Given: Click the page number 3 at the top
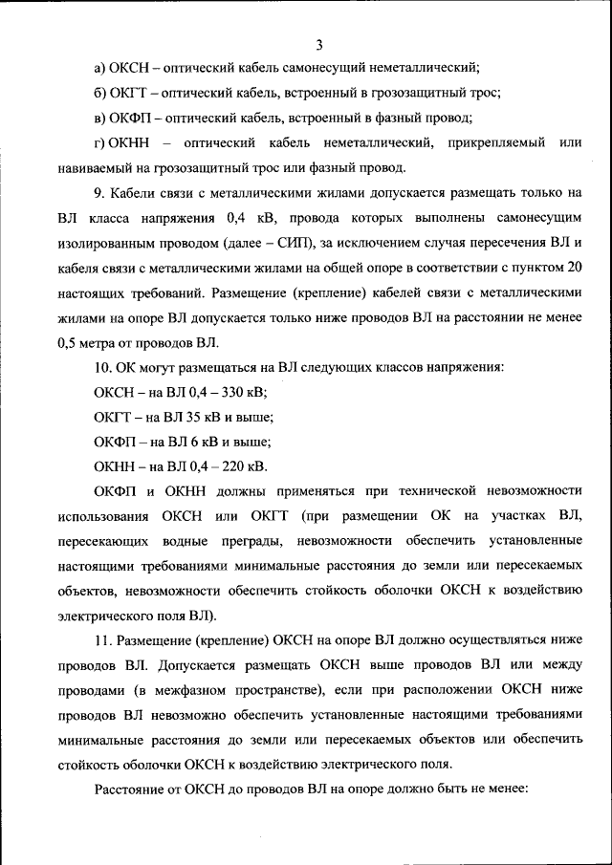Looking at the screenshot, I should pyautogui.click(x=319, y=44).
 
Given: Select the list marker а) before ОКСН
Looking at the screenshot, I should pyautogui.click(x=99, y=68).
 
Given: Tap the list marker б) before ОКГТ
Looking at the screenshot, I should pyautogui.click(x=99, y=94).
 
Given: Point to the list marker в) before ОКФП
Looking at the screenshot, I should pyautogui.click(x=99, y=119).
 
